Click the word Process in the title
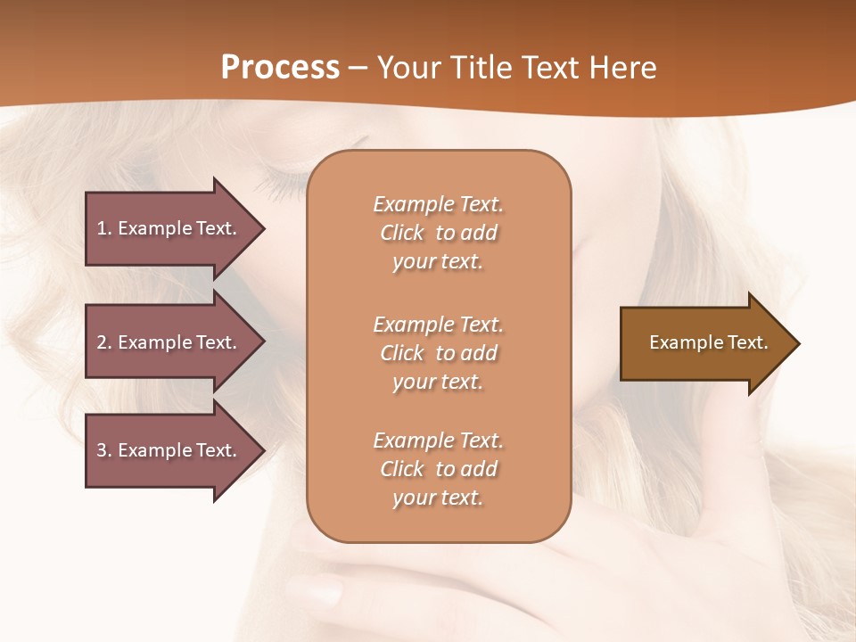coord(280,68)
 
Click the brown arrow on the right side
coord(695,343)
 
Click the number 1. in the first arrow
coord(104,228)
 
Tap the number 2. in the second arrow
coord(104,342)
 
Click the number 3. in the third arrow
coord(104,450)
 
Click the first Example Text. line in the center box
coord(438,204)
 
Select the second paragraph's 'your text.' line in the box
coord(438,382)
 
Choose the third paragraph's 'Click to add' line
coord(438,469)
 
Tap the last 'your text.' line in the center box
coord(438,498)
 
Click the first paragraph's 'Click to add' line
coord(438,233)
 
